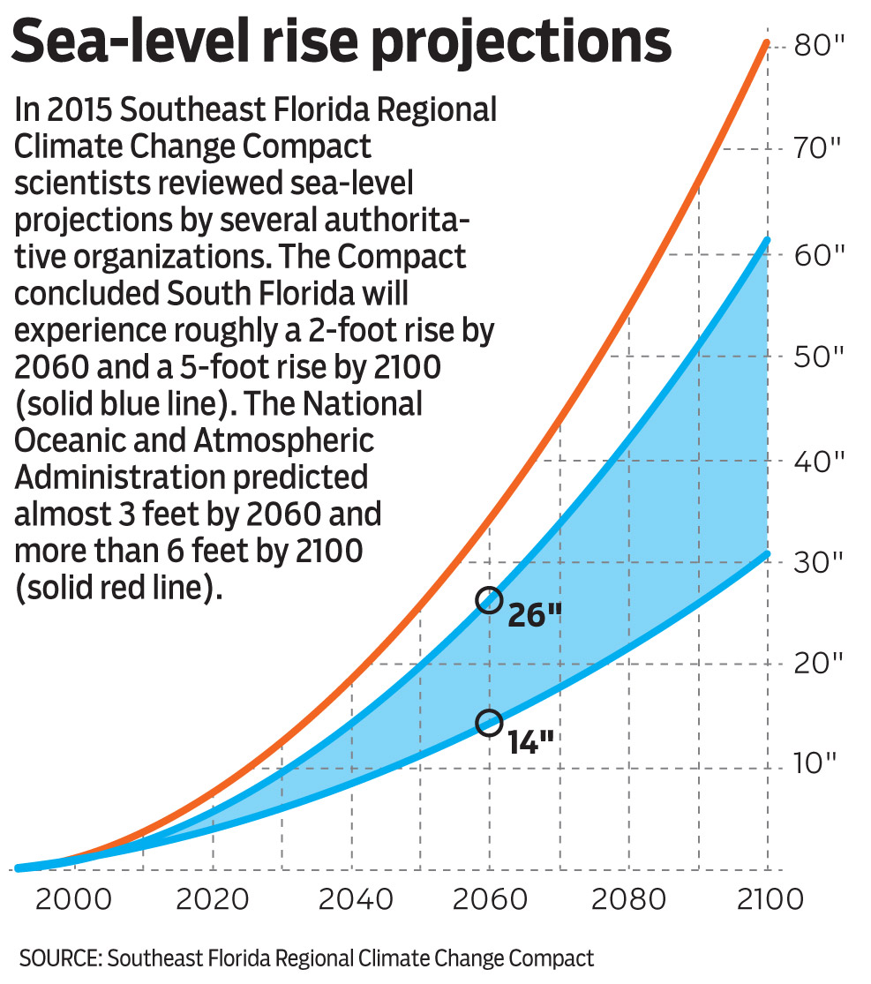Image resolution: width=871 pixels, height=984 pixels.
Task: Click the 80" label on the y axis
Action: click(820, 45)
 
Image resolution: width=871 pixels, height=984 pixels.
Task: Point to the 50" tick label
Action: click(820, 357)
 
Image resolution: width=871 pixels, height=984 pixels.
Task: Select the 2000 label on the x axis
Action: click(75, 900)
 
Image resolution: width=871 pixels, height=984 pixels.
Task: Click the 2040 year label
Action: click(352, 900)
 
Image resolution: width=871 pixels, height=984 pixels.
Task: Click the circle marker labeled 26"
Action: click(489, 600)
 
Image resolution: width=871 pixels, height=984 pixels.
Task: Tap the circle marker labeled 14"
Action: click(489, 723)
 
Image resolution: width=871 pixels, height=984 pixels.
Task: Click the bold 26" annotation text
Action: click(536, 615)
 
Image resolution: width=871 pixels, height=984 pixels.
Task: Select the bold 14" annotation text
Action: click(531, 740)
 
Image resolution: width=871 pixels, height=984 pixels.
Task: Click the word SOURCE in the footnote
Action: click(58, 958)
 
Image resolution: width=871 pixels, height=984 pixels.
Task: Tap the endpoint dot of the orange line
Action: click(768, 42)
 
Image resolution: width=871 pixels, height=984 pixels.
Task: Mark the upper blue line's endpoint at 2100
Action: click(768, 240)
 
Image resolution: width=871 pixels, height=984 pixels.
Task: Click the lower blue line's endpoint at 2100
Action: click(768, 553)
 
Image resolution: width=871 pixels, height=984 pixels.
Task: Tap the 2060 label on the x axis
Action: click(489, 900)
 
